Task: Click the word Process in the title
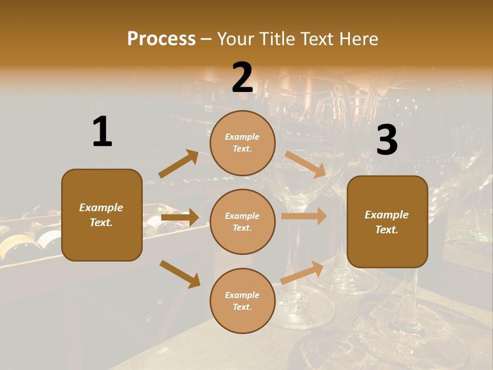(161, 39)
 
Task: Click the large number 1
(102, 132)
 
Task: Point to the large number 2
(242, 78)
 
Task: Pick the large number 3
(387, 140)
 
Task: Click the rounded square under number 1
(102, 215)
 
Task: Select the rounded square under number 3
(387, 221)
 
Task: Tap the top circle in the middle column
(242, 143)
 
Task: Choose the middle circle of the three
(242, 221)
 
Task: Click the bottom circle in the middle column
(242, 301)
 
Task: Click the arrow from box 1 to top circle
(179, 164)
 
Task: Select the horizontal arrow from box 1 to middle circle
(180, 217)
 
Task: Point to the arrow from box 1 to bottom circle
(180, 274)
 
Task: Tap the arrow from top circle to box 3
(306, 164)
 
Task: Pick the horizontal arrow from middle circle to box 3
(304, 216)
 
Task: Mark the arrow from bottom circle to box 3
(302, 272)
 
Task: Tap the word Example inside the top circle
(242, 137)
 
